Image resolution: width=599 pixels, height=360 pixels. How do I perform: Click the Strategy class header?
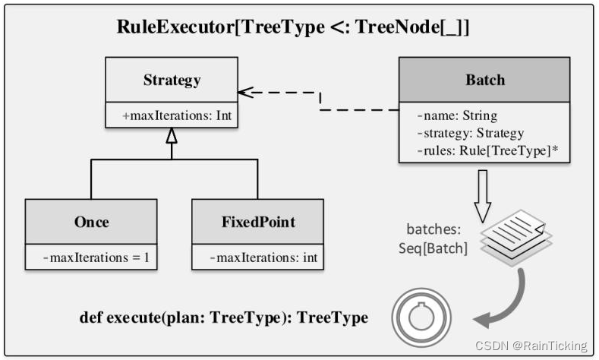coord(172,80)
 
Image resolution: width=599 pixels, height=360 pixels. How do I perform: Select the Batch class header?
coord(484,80)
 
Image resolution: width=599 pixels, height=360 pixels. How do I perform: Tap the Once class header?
coord(91,223)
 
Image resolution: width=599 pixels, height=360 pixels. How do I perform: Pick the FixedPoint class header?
coord(257,223)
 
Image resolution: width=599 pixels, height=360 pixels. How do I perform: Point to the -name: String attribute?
coord(457,116)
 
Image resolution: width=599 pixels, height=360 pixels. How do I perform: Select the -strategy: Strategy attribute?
coord(470,133)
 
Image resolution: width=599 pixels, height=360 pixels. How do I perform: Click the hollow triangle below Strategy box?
coord(172,137)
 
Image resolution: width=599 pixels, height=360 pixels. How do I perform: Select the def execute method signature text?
coord(224,317)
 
